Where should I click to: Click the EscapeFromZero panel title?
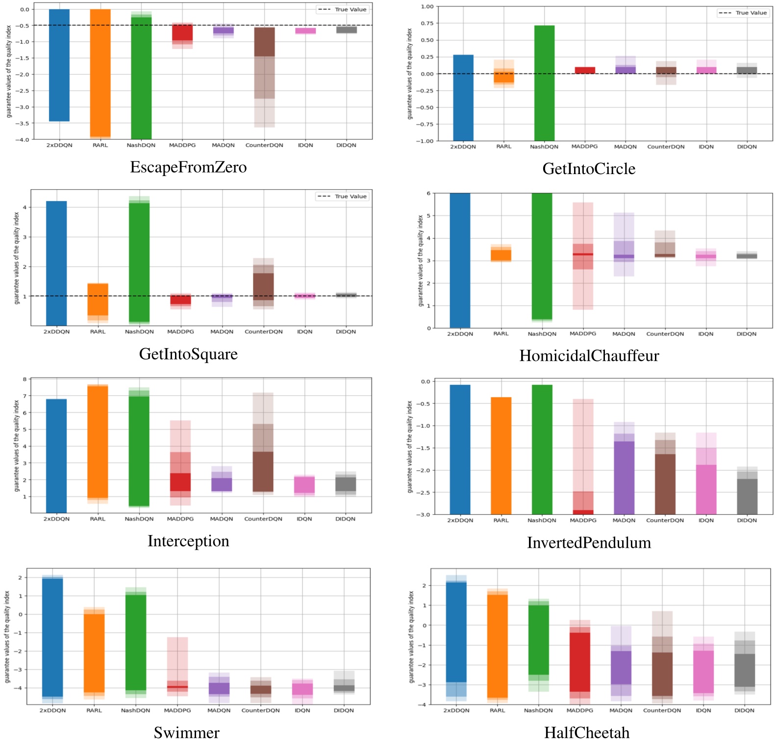188,167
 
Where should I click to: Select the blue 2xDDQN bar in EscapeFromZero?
59,65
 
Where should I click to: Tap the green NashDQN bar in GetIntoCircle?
544,83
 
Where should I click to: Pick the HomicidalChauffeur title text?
589,356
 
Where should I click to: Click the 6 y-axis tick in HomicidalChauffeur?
428,194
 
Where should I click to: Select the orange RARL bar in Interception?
98,441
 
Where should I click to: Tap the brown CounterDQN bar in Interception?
263,471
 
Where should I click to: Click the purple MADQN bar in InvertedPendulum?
624,478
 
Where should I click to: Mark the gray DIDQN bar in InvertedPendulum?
747,496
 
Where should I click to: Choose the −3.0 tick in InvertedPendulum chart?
425,514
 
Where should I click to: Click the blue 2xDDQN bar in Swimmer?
52,637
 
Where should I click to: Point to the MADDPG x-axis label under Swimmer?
177,710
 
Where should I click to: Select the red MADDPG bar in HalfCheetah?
580,662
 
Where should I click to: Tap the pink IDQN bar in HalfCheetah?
703,672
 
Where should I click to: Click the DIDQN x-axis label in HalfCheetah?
745,710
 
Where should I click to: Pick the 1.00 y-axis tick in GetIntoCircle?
427,7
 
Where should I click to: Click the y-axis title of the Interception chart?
17,445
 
